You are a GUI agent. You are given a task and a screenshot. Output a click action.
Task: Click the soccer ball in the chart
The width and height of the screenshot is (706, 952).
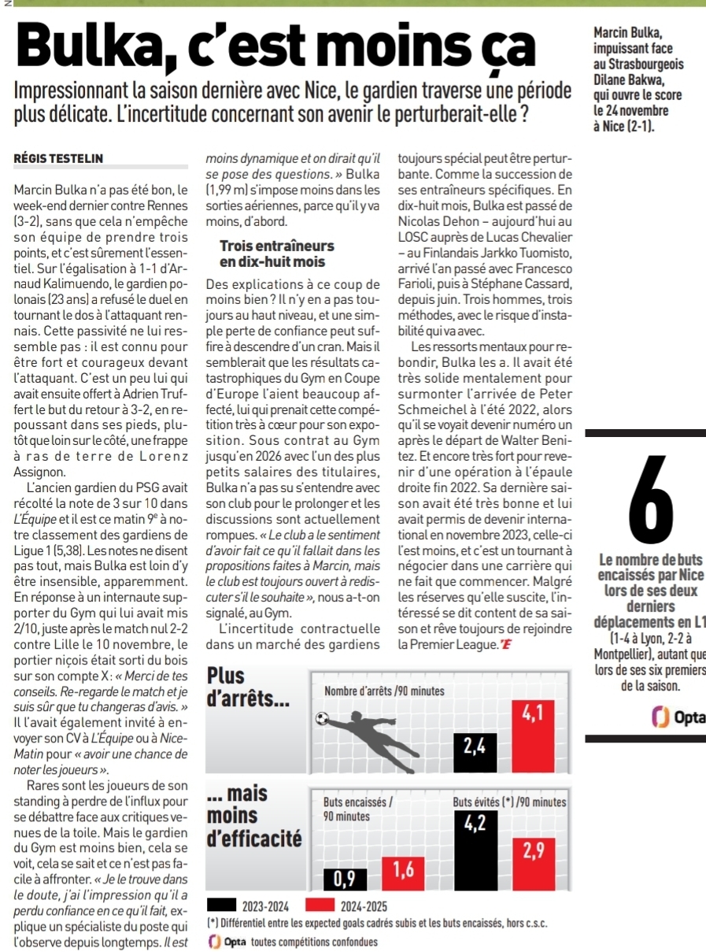(321, 717)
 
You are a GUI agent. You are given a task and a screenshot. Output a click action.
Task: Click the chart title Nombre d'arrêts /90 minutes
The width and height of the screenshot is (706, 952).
(385, 691)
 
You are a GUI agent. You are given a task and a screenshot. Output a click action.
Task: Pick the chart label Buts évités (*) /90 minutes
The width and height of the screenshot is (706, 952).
(509, 802)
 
